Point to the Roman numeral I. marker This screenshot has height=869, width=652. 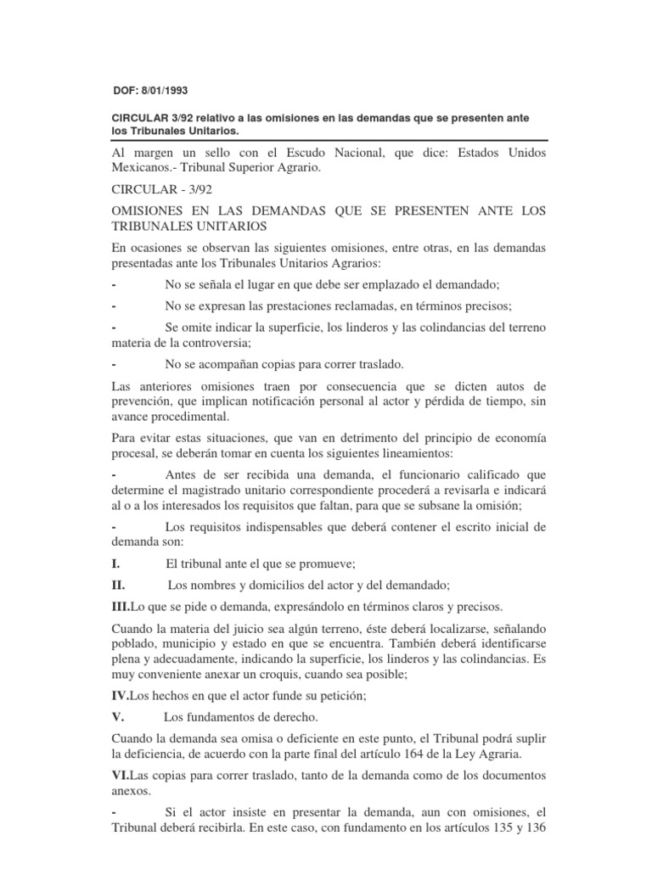point(116,563)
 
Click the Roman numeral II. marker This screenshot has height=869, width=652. point(119,585)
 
